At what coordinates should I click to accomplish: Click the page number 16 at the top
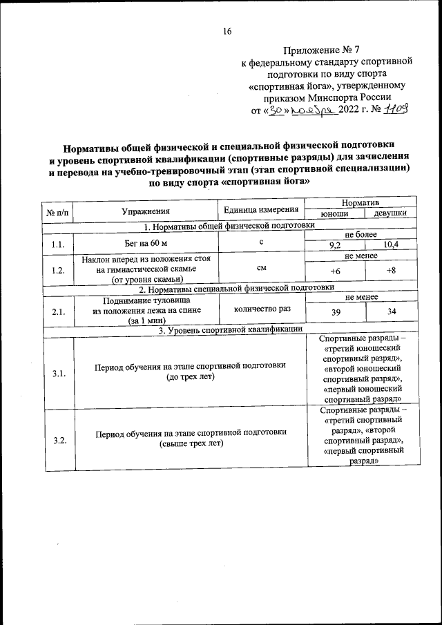coord(227,31)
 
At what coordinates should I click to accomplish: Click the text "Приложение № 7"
coord(322,50)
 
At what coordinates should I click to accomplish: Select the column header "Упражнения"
coord(146,211)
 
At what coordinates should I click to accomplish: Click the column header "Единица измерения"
coord(262,210)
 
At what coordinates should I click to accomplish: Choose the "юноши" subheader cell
coord(335,215)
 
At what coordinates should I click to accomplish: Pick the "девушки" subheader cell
coord(390,215)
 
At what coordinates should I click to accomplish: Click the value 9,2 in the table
coord(335,245)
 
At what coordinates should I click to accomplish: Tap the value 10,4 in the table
coord(390,245)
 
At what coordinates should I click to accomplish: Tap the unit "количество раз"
coord(262,310)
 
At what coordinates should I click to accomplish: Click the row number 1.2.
coord(59,269)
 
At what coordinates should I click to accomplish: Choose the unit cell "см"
coord(262,267)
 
